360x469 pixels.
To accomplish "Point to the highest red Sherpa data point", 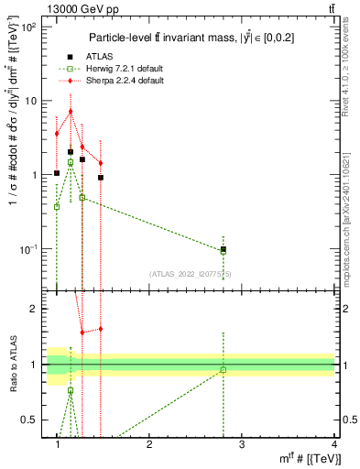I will [x=70, y=112].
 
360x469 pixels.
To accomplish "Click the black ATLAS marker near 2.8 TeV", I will [x=224, y=249].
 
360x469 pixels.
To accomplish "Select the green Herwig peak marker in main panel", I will [x=70, y=162].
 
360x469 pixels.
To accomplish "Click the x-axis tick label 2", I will [x=149, y=444].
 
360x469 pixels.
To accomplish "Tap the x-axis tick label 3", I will [x=242, y=444].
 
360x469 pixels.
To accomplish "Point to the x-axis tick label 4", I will [x=333, y=444].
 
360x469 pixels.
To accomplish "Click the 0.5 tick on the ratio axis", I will [x=35, y=420].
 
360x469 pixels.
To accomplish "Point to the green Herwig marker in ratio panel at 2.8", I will [x=224, y=370].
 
